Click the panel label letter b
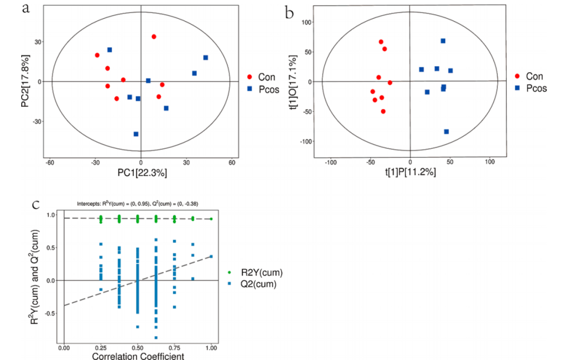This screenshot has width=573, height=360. coord(290,12)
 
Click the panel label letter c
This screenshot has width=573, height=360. coord(36,204)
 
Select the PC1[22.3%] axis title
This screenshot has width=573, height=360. coord(141,173)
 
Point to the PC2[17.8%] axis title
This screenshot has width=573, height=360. coord(25,81)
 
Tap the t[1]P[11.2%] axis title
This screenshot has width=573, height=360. coord(410,173)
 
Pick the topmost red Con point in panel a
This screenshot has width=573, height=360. coord(154,37)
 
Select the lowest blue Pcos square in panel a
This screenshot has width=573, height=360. coord(136,134)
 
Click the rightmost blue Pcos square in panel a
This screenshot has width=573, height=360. coord(205,57)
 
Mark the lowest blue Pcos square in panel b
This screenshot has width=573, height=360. coord(446,132)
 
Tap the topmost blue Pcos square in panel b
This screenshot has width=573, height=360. coord(442,41)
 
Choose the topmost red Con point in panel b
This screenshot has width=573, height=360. coord(381,42)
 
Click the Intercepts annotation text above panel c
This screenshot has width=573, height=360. coord(137,203)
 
